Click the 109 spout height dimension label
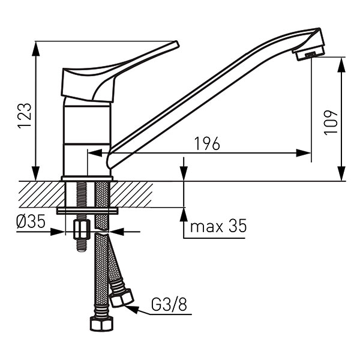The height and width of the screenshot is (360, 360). [x=331, y=122]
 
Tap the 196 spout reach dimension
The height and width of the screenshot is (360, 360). [x=207, y=144]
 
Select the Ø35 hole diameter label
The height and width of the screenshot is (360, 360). [x=31, y=221]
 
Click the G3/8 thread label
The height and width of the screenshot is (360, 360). [x=169, y=304]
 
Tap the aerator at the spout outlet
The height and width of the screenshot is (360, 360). [x=310, y=55]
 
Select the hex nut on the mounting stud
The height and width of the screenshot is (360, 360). [x=82, y=229]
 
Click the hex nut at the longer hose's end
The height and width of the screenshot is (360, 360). [x=101, y=323]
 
